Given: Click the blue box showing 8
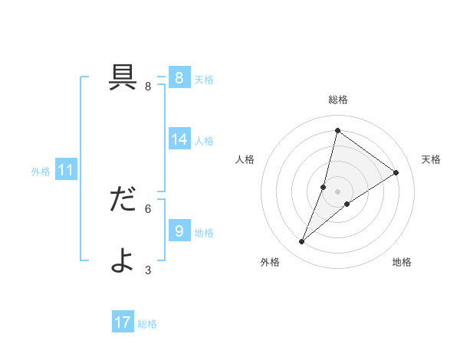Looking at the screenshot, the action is click(x=179, y=78).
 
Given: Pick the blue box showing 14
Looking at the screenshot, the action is click(x=179, y=139).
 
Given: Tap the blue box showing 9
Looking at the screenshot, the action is click(x=179, y=230).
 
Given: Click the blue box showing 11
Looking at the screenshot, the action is click(x=65, y=170).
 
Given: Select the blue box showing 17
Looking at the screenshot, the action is click(x=123, y=322).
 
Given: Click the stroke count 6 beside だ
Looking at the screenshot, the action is click(x=148, y=208).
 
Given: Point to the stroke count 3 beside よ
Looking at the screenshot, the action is click(x=148, y=270).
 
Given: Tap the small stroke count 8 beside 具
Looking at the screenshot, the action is click(x=148, y=87).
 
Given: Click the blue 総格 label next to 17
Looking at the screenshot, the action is click(x=147, y=324).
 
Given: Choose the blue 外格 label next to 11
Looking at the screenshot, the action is click(x=41, y=172).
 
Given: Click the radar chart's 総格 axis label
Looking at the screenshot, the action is click(x=337, y=100).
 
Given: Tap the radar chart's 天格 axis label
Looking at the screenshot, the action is click(x=431, y=159).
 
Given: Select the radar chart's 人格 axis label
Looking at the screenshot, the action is click(x=245, y=159).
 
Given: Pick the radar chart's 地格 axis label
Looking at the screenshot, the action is click(x=402, y=262).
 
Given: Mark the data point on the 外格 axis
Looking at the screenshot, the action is click(x=302, y=242).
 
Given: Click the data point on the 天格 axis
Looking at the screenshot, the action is click(x=396, y=172).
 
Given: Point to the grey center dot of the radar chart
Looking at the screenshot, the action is click(x=337, y=191).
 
